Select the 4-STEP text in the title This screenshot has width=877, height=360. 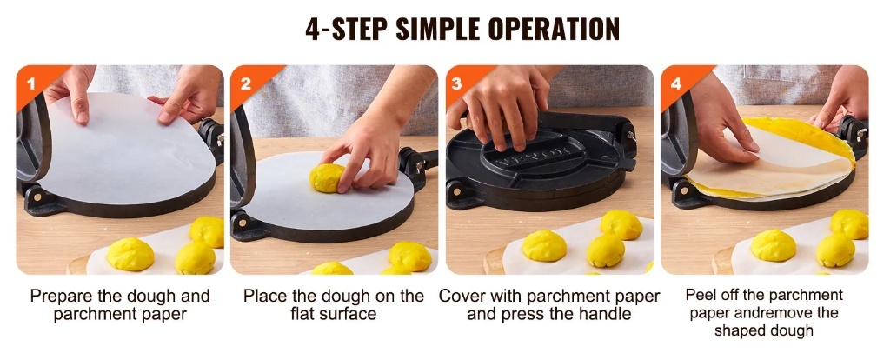tap(347, 29)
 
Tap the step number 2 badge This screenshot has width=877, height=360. tap(245, 84)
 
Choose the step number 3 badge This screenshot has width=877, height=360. tap(457, 84)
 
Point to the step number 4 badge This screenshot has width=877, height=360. tap(675, 84)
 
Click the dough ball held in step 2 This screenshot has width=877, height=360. tap(327, 178)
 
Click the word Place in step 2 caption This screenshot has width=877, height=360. tap(265, 296)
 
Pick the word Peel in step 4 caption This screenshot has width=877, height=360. tap(700, 295)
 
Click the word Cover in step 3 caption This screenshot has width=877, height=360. tap(460, 296)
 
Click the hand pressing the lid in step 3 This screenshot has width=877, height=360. tap(501, 106)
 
